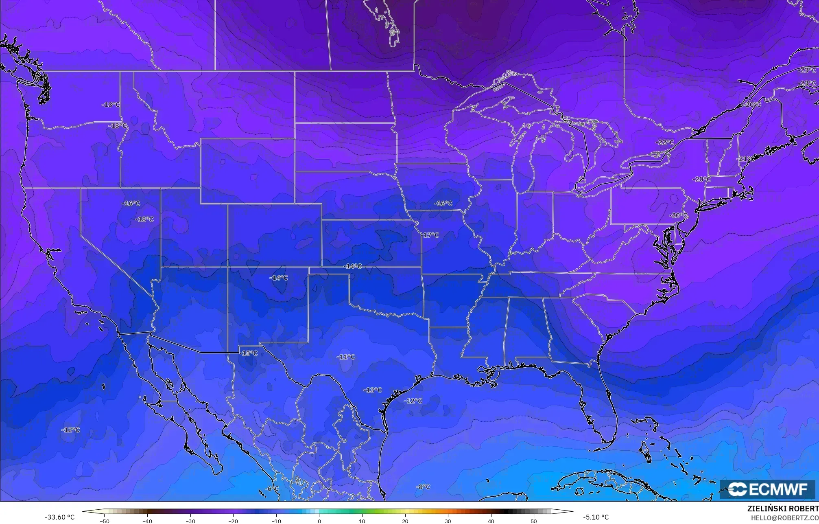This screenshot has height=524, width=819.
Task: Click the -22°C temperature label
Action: pos(665,143)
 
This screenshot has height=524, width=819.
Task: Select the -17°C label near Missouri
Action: pos(430,235)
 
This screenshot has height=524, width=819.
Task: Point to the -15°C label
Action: pos(249,353)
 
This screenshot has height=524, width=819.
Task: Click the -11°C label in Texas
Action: pos(346,357)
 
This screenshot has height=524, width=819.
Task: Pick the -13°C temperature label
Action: pos(373,390)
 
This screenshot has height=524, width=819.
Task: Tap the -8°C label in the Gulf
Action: pos(423,487)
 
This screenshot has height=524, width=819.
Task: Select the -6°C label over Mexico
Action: pos(272,489)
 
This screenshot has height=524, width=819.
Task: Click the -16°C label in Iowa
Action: pos(443,203)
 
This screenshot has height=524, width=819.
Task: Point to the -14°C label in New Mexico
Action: pos(279,278)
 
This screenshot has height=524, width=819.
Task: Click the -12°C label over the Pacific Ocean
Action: pos(70,430)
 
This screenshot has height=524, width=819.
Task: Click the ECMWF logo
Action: pos(767,489)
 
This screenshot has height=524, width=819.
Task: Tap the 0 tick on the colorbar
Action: pos(319,521)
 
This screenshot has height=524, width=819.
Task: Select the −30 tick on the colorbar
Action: pos(190,521)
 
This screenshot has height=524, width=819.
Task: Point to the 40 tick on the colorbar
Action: pos(491,521)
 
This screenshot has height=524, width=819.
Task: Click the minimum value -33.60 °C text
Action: pos(59,517)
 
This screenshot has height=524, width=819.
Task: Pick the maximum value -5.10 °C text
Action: pos(596,517)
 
